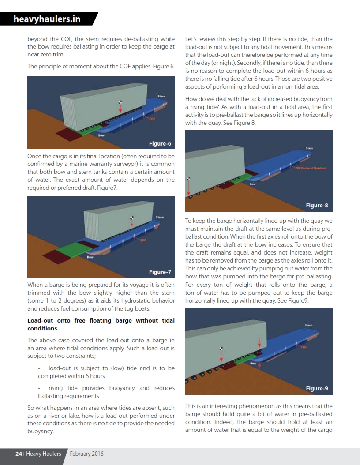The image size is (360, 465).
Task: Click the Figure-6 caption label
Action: click(x=160, y=143)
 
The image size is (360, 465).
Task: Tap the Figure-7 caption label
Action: click(x=160, y=272)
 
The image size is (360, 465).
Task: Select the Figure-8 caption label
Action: click(x=317, y=205)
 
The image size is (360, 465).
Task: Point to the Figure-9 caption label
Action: click(x=317, y=388)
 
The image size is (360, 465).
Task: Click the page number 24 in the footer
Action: click(x=19, y=454)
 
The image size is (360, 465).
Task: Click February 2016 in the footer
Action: click(x=87, y=454)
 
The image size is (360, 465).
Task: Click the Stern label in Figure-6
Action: click(x=161, y=97)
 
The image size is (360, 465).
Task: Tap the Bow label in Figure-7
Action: click(x=90, y=257)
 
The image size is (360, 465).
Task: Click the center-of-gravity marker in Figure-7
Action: click(x=131, y=217)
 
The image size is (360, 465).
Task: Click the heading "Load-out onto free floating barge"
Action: click(x=101, y=324)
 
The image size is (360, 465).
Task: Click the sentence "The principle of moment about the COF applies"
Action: click(x=101, y=67)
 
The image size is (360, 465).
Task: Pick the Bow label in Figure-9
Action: click(x=253, y=364)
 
